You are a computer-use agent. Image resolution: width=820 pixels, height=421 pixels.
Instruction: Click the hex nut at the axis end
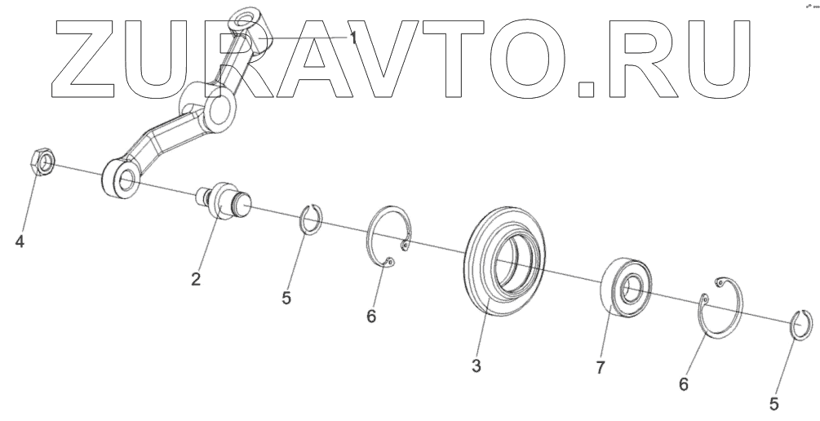(42, 163)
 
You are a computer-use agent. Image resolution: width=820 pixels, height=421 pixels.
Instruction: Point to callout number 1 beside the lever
(353, 36)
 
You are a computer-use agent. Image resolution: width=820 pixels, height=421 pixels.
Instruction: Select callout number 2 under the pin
(196, 279)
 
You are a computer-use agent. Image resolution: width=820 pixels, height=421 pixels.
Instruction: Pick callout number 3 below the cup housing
(476, 366)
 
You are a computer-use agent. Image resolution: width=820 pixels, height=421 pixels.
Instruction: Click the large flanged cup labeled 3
(503, 260)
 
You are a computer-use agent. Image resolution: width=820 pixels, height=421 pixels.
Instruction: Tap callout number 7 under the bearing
(600, 368)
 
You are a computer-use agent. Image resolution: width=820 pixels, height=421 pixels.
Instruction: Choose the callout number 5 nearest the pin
(286, 298)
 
